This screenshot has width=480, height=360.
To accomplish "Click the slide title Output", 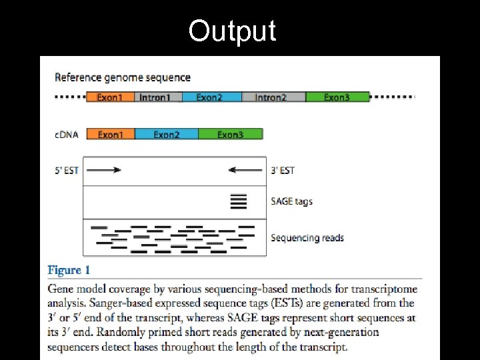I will [x=232, y=31].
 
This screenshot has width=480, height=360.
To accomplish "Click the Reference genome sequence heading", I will [x=123, y=77].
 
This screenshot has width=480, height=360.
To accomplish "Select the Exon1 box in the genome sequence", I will [x=110, y=97].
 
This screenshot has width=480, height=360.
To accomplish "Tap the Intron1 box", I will [x=155, y=97].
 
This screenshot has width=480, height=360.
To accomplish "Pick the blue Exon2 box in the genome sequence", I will [x=209, y=97].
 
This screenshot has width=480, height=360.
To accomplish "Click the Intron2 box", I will [x=271, y=97].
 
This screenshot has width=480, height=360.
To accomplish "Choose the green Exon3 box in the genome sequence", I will [x=337, y=97].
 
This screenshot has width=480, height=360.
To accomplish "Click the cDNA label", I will [x=66, y=135].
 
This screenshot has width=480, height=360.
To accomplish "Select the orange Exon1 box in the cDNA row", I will [x=111, y=135].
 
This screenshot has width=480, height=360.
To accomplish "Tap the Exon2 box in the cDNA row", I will [x=167, y=135].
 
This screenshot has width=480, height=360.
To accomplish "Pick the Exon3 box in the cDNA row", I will [x=231, y=135].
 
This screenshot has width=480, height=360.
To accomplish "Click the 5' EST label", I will [x=66, y=171].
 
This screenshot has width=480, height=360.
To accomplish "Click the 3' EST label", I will [x=283, y=171].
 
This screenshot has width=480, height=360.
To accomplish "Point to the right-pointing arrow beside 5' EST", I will [x=103, y=170].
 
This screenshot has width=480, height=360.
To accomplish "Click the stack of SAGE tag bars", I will [x=238, y=201].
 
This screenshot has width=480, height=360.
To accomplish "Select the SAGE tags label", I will [x=291, y=201].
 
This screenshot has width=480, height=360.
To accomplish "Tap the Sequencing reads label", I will [x=307, y=238].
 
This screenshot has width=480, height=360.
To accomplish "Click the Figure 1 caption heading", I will [x=69, y=270].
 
